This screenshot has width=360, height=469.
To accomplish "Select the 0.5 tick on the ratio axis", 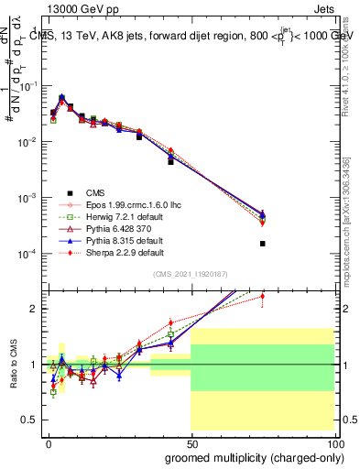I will click(30, 419).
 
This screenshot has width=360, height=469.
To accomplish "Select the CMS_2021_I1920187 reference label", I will click(191, 274).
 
